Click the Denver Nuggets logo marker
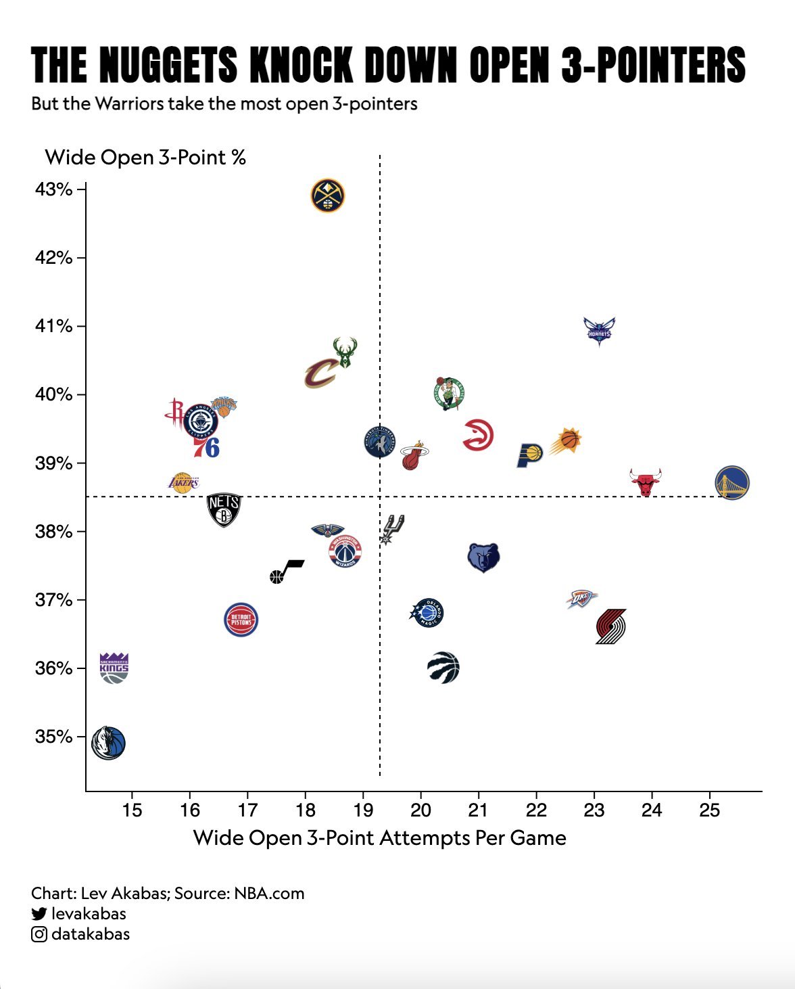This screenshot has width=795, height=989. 328,196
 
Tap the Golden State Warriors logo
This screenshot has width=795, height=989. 732,483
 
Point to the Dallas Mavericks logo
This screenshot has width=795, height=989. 109,743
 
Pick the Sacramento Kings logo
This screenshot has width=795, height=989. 114,668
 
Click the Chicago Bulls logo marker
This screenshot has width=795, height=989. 645,482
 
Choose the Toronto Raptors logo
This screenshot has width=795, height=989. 443,668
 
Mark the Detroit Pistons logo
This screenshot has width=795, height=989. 241,619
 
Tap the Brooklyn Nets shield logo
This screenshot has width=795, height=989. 224,510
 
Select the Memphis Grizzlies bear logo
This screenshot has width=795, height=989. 483,557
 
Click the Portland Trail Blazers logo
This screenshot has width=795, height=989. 611,626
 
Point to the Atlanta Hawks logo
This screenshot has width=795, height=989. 478,435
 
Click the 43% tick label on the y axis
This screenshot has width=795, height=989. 53,189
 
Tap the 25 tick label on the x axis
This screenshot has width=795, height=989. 709,810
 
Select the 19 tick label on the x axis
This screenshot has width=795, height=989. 363,810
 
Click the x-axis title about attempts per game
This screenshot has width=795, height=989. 379,838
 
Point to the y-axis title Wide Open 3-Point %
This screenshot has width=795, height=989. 145,158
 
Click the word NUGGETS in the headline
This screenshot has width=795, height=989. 168,66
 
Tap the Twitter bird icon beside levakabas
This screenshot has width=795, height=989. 39,914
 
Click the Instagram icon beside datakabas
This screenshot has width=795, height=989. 39,934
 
